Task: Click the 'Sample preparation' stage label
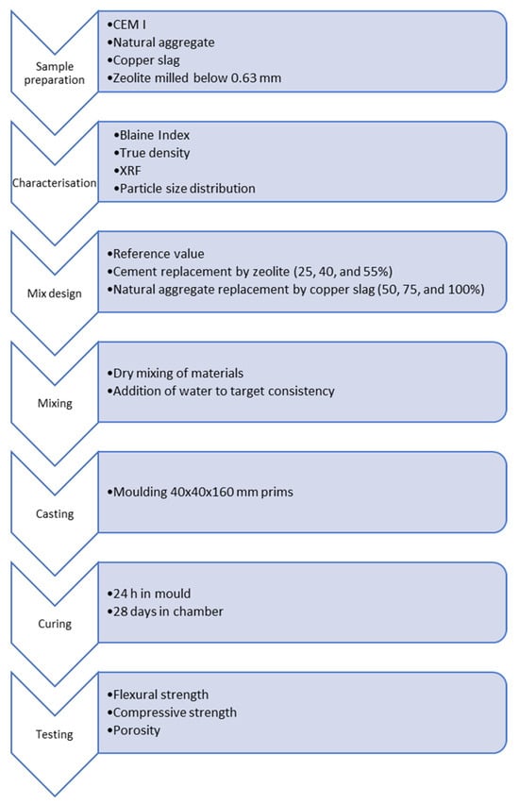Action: click(x=55, y=73)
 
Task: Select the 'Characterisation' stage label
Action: click(x=55, y=183)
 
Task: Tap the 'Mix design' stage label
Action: click(x=55, y=293)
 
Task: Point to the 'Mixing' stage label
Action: click(x=55, y=404)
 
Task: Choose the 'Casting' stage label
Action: click(x=55, y=513)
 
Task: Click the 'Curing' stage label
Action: click(x=55, y=624)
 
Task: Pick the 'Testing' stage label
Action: click(x=55, y=734)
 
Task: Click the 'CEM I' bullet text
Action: click(x=129, y=25)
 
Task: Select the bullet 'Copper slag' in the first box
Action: click(x=146, y=60)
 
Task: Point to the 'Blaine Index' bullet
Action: click(x=155, y=135)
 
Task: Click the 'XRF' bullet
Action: click(x=130, y=170)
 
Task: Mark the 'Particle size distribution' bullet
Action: click(x=187, y=189)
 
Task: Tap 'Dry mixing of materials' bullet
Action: click(x=178, y=374)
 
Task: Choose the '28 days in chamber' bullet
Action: click(x=168, y=611)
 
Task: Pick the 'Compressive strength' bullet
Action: click(x=175, y=712)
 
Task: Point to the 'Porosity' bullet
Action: click(x=137, y=730)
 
